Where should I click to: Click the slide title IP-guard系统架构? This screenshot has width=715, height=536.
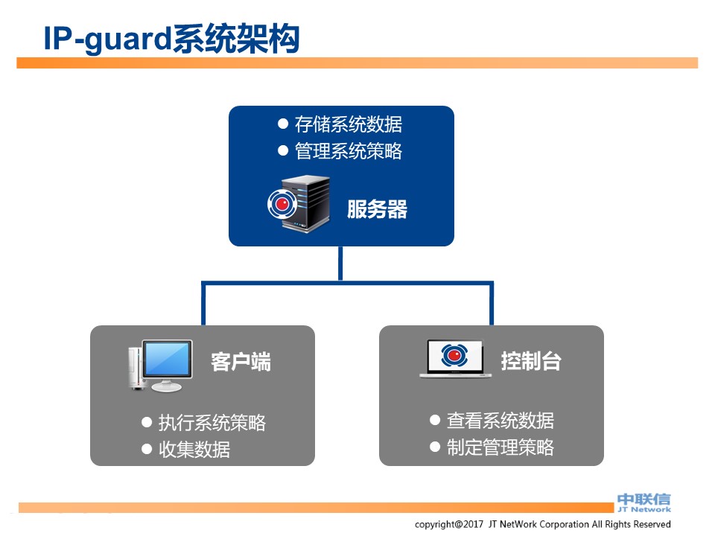tap(171, 39)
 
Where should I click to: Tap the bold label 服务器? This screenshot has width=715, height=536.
tap(377, 209)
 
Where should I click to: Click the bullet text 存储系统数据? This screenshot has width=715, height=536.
tap(348, 124)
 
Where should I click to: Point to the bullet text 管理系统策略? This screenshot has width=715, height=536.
tap(348, 151)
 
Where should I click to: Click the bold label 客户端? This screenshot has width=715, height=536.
tap(241, 362)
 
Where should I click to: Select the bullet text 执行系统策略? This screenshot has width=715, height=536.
tap(212, 423)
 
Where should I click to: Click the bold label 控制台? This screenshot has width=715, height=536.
tap(530, 361)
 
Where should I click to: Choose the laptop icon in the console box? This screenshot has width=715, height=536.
tap(455, 359)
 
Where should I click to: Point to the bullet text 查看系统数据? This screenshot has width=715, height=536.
tap(500, 421)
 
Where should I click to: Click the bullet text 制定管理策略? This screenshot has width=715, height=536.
tap(500, 447)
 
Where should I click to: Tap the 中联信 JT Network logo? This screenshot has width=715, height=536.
tap(643, 502)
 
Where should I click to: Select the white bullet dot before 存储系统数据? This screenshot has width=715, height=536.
tap(283, 124)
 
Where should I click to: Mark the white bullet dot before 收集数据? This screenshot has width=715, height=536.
tap(147, 448)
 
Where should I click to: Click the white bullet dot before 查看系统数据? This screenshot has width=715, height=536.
tap(435, 420)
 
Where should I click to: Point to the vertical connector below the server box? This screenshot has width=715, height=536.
tap(340, 263)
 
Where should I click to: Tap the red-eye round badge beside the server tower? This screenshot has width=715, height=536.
tap(282, 204)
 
